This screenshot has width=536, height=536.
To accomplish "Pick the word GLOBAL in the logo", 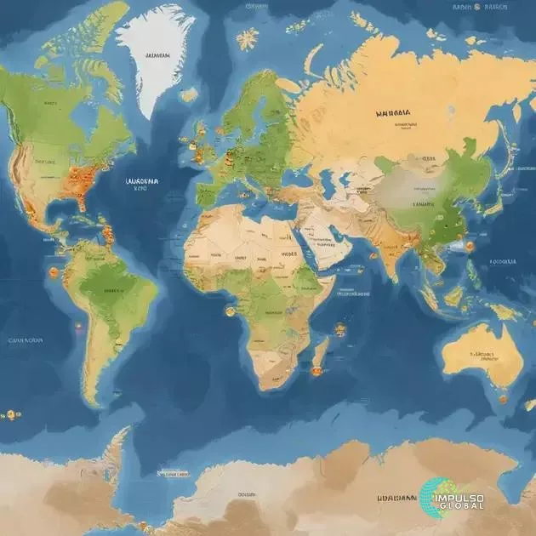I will pos(463,506).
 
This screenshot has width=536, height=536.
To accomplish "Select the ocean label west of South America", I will pos(26,339).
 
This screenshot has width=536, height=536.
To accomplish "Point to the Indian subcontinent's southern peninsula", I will pos(390,259).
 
